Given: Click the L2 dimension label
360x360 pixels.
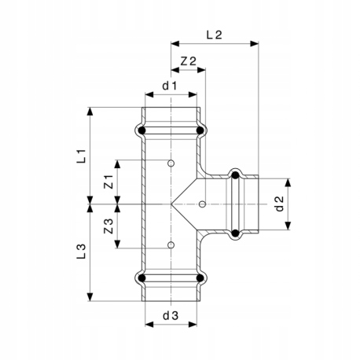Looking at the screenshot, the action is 215,35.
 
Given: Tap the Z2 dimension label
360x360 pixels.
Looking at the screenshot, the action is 189,61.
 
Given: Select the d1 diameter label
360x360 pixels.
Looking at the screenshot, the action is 170,86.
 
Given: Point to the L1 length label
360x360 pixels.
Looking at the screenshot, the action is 81,156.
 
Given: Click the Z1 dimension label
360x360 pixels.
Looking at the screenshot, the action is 108,182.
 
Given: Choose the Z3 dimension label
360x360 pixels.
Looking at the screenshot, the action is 108,226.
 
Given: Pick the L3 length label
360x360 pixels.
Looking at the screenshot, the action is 81,252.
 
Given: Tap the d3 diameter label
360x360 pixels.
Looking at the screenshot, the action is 171,316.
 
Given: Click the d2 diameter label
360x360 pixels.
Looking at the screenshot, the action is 280,204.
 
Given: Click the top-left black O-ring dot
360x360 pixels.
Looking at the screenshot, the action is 141,130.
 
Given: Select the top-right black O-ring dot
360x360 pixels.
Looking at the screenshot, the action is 200,130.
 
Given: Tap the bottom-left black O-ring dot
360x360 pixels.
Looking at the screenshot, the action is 141,278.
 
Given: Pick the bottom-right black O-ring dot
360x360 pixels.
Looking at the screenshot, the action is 200,278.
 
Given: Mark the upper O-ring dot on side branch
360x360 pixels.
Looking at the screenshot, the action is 235,174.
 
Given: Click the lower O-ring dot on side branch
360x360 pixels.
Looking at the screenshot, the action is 235,233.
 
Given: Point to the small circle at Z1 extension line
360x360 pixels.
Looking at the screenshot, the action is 171,163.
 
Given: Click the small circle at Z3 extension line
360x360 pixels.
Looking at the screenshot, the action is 171,245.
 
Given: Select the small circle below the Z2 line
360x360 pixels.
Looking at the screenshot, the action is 202,204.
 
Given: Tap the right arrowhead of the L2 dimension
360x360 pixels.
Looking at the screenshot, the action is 254,44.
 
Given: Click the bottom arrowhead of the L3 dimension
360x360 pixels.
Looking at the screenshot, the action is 90,297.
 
